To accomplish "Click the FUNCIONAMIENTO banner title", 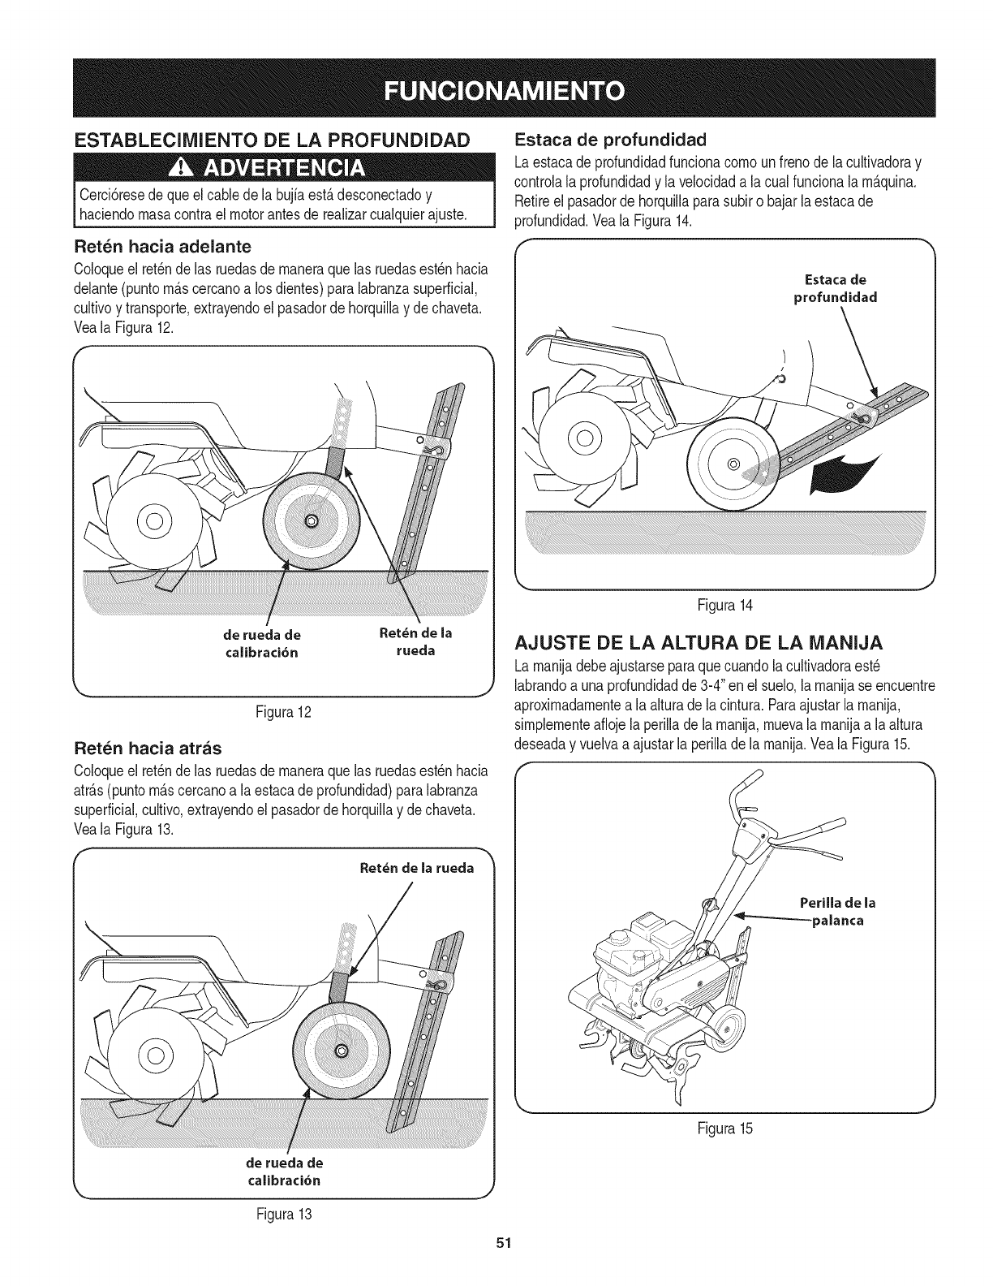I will click(x=496, y=88).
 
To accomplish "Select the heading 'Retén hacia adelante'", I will click(x=162, y=245).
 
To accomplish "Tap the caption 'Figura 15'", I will click(x=725, y=1128).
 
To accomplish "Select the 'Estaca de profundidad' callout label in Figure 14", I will click(x=835, y=288).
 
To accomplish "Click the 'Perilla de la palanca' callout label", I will click(x=837, y=912).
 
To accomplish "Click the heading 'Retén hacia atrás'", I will click(x=147, y=747).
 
